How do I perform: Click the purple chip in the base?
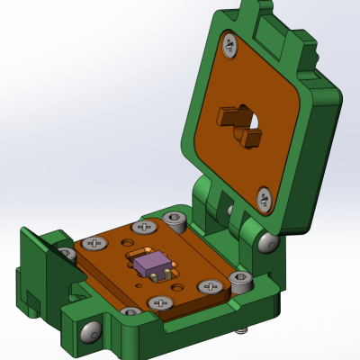pos(152,263)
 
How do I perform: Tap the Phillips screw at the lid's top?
pos(229,45)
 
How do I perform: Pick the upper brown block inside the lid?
pos(233,116)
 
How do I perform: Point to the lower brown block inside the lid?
pos(251,138)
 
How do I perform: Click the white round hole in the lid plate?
pos(255,121)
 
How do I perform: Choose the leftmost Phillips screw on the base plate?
pos(94,244)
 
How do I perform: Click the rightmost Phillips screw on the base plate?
pos(210,287)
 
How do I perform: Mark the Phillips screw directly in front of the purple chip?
pos(160,302)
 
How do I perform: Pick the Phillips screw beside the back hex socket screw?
pos(144,228)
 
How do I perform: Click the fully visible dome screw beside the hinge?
pos(267,241)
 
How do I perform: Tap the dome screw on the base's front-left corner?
pos(91,332)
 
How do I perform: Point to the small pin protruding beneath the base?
pos(240,329)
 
